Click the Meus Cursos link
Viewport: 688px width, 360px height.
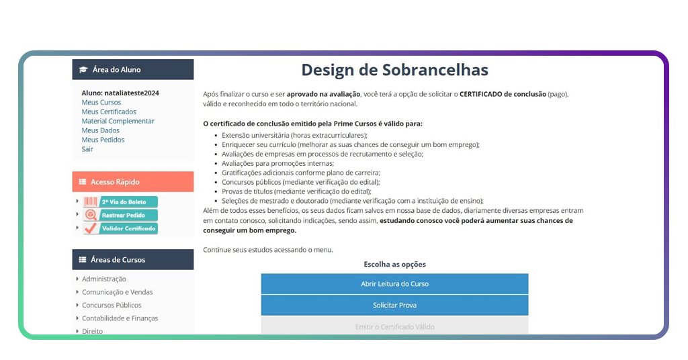[101, 103]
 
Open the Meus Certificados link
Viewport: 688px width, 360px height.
[109, 112]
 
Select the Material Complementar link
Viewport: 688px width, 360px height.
[118, 122]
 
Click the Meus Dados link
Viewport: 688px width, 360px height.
[101, 131]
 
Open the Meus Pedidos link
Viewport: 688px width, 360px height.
[103, 140]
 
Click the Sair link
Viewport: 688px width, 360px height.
[87, 150]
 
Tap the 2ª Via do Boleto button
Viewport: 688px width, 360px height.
[120, 202]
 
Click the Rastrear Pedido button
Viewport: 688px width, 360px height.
[120, 216]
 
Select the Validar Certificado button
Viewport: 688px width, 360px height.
[120, 228]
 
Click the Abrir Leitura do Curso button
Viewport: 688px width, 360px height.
[394, 284]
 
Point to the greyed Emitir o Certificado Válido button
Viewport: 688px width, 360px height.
[394, 327]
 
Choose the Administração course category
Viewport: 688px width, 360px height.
[104, 279]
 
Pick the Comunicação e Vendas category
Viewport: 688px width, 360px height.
[117, 293]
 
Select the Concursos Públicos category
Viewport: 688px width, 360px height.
[112, 306]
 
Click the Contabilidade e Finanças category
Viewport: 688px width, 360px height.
[120, 318]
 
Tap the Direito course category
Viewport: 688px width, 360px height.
[92, 331]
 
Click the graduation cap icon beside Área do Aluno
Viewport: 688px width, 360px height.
[83, 70]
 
